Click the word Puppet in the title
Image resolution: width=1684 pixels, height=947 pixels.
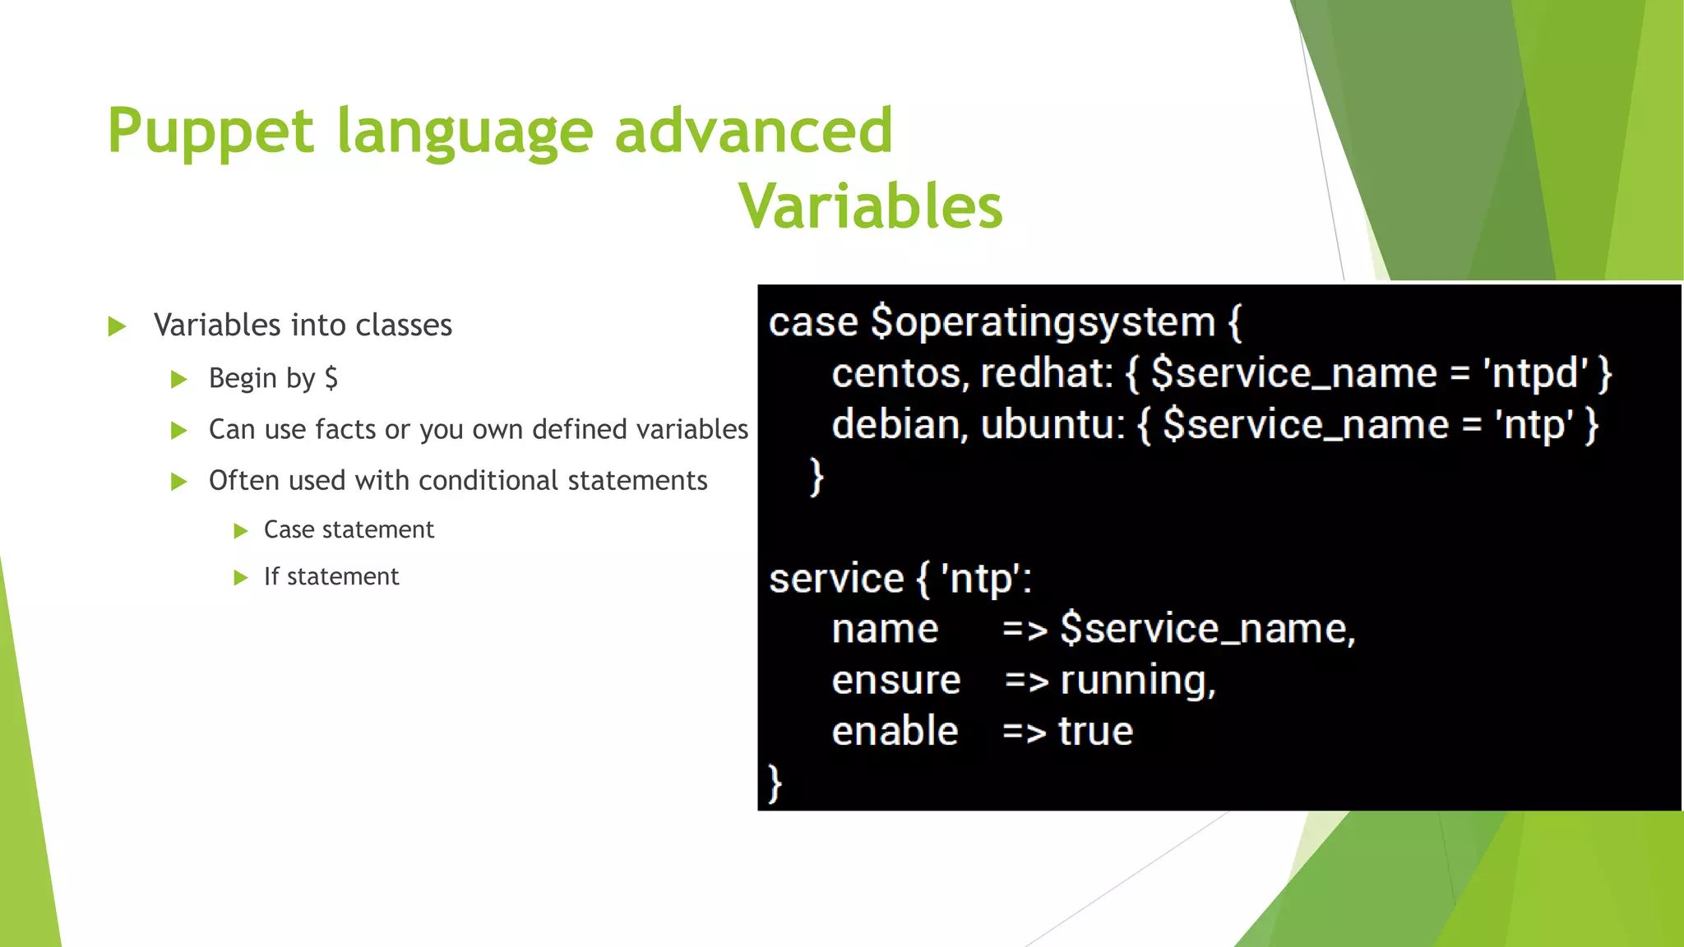(x=210, y=132)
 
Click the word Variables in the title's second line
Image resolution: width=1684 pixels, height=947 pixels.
(x=871, y=206)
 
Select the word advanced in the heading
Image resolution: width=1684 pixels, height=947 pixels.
(x=753, y=132)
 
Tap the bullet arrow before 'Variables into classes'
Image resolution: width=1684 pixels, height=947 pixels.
(x=118, y=326)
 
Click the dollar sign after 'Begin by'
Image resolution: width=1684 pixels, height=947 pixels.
(x=331, y=378)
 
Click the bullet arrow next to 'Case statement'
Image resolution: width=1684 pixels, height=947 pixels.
(x=240, y=531)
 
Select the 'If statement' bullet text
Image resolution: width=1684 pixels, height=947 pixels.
(x=331, y=576)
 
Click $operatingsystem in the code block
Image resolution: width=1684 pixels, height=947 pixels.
(x=1043, y=322)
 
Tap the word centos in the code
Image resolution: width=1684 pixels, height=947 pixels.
(x=895, y=373)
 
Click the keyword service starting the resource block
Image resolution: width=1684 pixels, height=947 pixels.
(x=835, y=579)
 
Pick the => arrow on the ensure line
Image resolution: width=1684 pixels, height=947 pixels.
(x=1026, y=681)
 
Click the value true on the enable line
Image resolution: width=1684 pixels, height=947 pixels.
(x=1095, y=732)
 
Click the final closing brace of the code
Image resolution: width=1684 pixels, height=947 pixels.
(x=774, y=783)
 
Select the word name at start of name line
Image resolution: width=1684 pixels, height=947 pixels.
(x=885, y=630)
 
